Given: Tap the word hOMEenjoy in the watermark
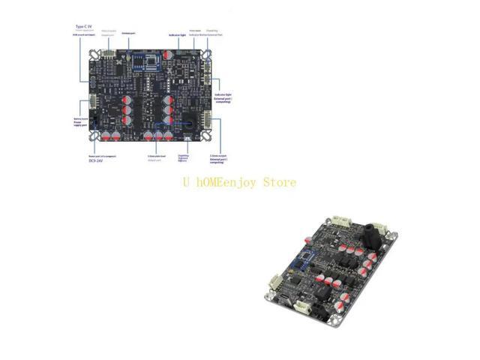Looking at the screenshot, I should point(227,182).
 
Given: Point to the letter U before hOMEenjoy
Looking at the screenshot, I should point(185,182).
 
